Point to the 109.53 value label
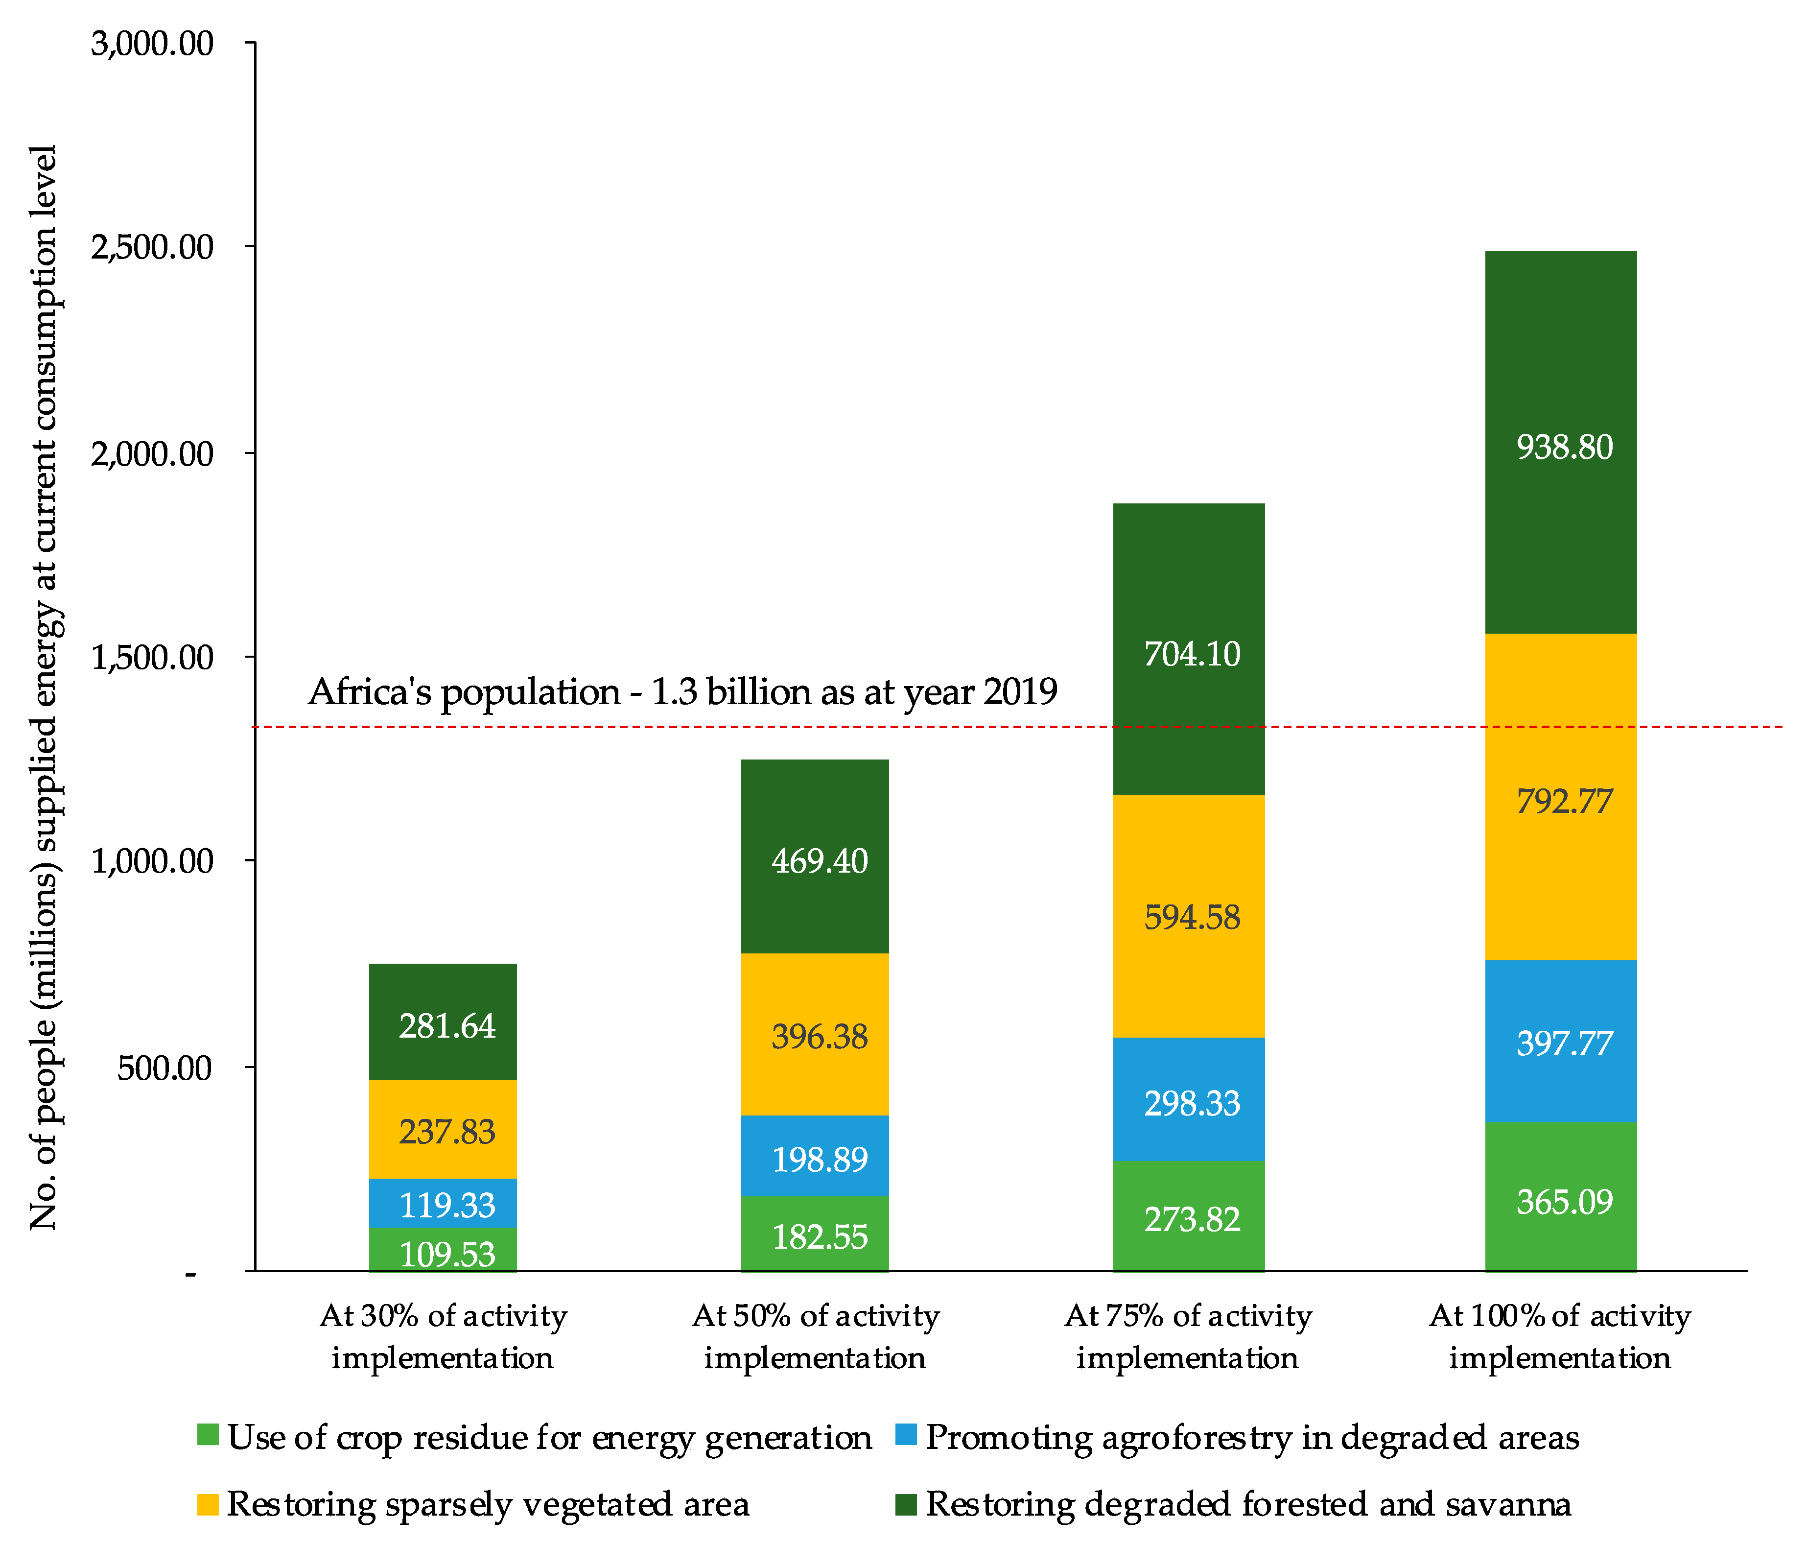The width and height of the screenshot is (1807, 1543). coord(446,1254)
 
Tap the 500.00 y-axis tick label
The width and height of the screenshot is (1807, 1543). coord(165,1068)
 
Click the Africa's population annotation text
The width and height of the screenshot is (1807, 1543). coord(682,692)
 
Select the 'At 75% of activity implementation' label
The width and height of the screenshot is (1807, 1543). coord(1188,1336)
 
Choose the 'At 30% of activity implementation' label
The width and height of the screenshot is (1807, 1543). coord(443,1336)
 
